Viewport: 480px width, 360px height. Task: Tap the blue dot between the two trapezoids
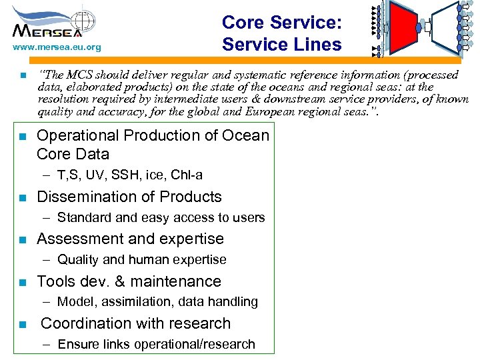click(419, 29)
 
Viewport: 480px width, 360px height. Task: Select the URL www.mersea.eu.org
click(57, 47)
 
